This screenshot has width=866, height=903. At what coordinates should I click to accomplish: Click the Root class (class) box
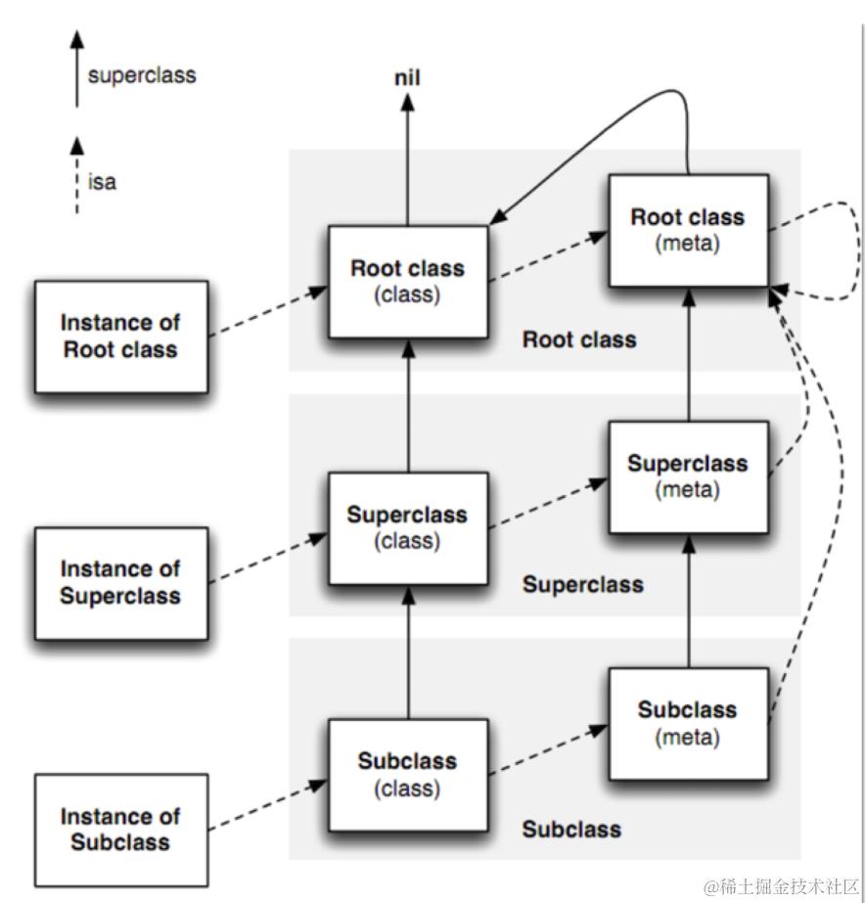pyautogui.click(x=408, y=282)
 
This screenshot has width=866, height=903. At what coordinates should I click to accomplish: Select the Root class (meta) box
pyautogui.click(x=689, y=230)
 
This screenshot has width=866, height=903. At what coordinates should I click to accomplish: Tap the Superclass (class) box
pyautogui.click(x=408, y=528)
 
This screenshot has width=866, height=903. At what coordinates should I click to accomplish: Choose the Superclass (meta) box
pyautogui.click(x=689, y=477)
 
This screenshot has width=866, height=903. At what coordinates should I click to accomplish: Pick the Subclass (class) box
pyautogui.click(x=408, y=775)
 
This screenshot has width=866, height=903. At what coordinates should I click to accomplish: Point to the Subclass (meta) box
pyautogui.click(x=689, y=724)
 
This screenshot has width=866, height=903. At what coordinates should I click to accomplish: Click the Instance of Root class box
pyautogui.click(x=121, y=337)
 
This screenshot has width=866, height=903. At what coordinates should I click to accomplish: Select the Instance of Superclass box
pyautogui.click(x=121, y=583)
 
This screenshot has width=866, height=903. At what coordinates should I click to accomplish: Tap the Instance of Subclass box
pyautogui.click(x=121, y=830)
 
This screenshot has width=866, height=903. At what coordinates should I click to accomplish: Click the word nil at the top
pyautogui.click(x=407, y=77)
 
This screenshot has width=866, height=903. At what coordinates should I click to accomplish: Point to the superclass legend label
pyautogui.click(x=142, y=75)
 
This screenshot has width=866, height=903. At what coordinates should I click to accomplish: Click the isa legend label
pyautogui.click(x=102, y=182)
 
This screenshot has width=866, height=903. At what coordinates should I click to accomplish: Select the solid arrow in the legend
pyautogui.click(x=76, y=69)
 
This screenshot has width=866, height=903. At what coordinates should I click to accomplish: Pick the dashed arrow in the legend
pyautogui.click(x=76, y=175)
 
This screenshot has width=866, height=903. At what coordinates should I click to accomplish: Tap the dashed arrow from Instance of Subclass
pyautogui.click(x=268, y=805)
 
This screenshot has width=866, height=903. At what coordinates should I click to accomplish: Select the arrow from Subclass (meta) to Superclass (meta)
pyautogui.click(x=689, y=601)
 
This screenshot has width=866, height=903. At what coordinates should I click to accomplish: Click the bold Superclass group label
pyautogui.click(x=582, y=585)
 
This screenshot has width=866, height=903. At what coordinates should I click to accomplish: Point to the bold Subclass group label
pyautogui.click(x=571, y=830)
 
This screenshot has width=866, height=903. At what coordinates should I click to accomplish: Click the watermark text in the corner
pyautogui.click(x=781, y=887)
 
